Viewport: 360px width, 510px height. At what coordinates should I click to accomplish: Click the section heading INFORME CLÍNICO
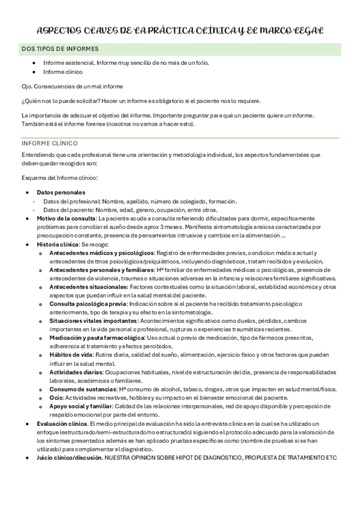tap(53, 144)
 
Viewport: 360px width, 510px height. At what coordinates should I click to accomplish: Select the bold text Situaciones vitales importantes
tap(89, 322)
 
